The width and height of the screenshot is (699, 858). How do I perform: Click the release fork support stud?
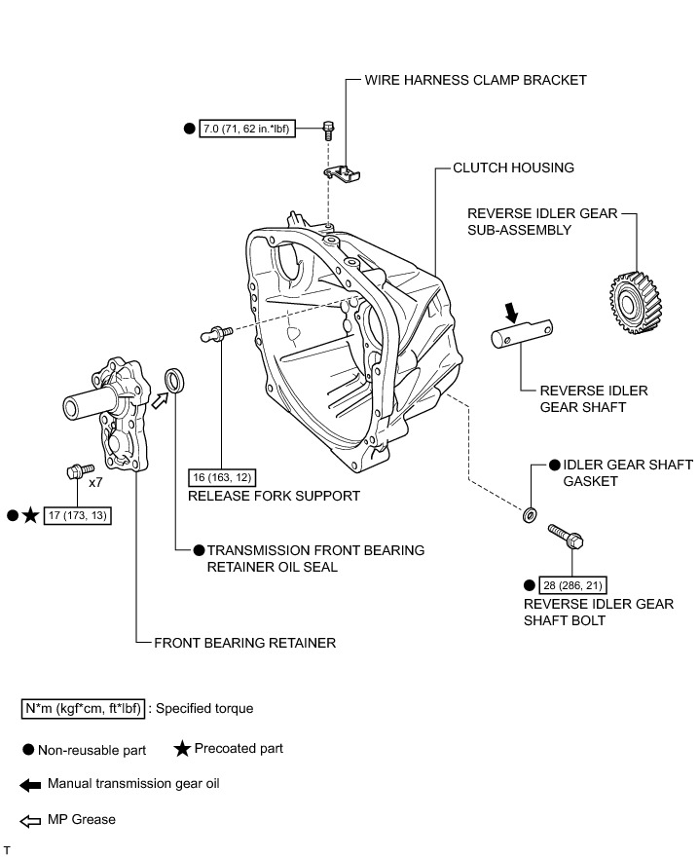point(214,333)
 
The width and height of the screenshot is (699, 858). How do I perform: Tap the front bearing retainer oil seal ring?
point(175,380)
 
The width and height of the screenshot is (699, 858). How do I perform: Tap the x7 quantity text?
point(96,482)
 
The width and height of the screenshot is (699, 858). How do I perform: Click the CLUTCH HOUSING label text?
point(513,168)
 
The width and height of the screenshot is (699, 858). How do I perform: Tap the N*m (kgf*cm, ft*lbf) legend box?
point(84,708)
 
